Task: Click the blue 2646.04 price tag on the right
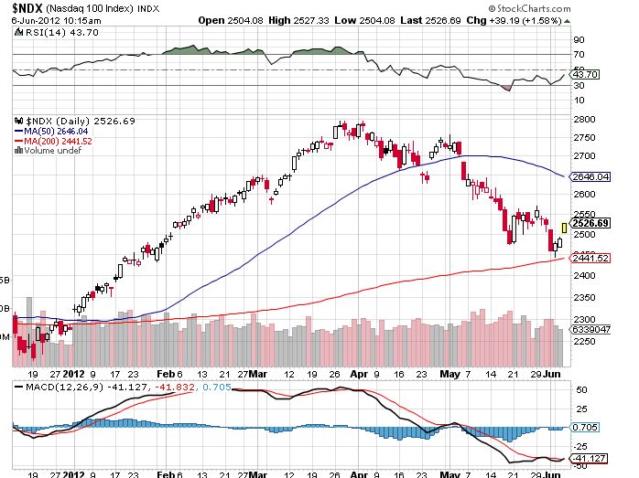(x=590, y=175)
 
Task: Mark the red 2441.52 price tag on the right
(x=590, y=259)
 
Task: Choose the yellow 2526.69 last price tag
(x=590, y=222)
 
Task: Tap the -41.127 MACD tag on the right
(x=590, y=458)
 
